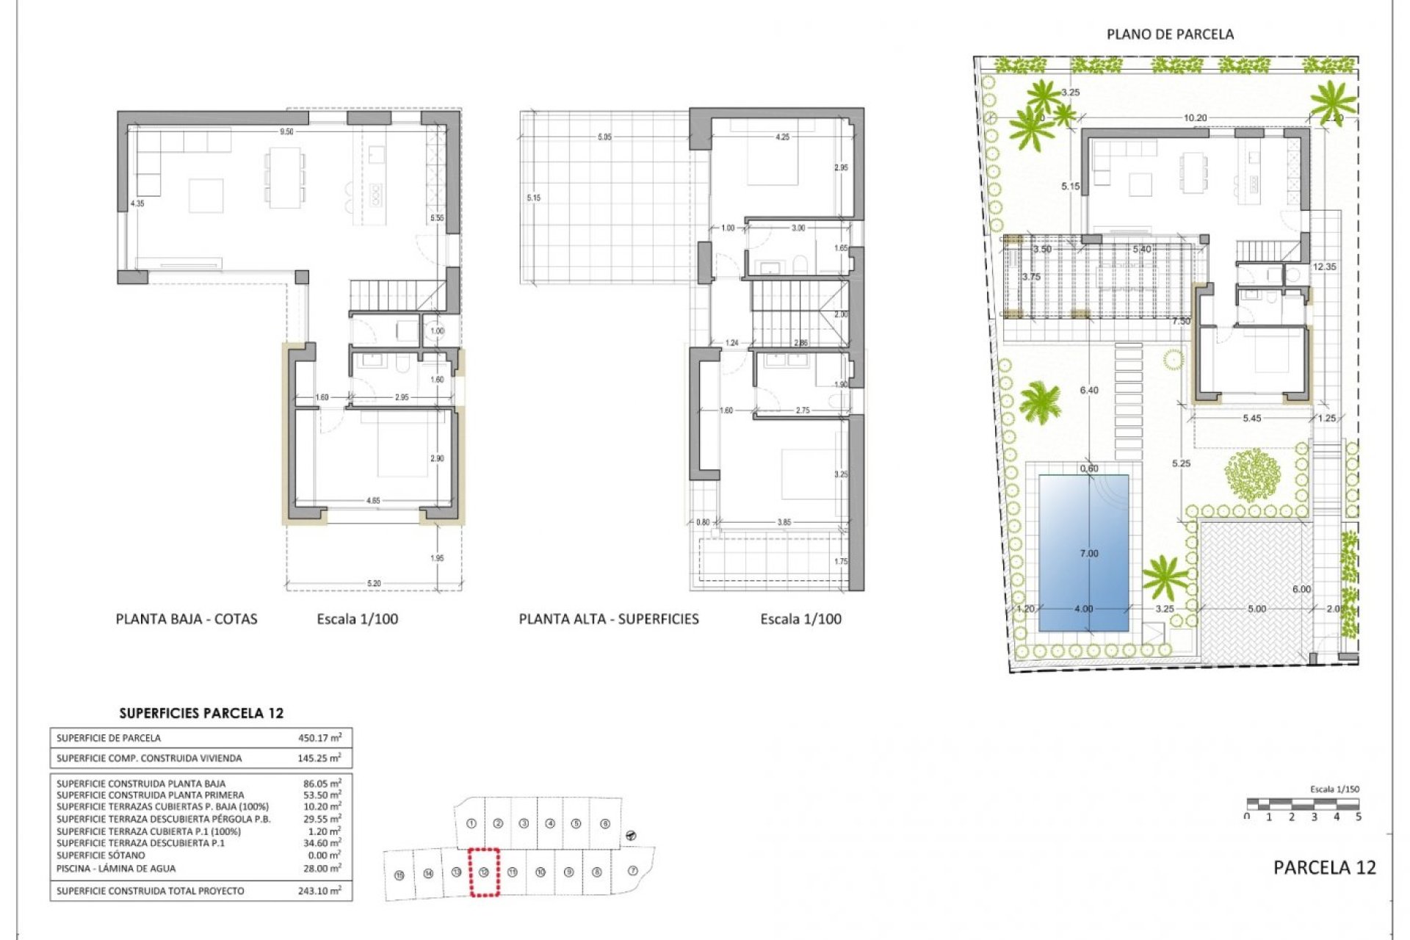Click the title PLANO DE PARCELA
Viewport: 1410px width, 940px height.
[x=1170, y=34]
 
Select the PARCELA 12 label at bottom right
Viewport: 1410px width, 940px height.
[x=1324, y=867]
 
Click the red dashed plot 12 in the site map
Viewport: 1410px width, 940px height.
[x=484, y=872]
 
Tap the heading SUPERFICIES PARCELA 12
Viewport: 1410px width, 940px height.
[x=201, y=713]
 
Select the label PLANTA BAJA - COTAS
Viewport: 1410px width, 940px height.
[x=187, y=619]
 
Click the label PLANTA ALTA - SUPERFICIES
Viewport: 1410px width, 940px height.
[x=609, y=619]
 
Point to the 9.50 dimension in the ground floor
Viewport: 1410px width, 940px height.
[x=286, y=132]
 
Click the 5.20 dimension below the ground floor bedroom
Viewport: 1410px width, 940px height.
[x=374, y=584]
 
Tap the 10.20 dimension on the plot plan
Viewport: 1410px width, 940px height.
[x=1195, y=117]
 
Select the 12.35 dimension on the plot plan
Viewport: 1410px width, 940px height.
[x=1325, y=267]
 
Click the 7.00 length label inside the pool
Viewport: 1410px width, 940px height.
[x=1089, y=554]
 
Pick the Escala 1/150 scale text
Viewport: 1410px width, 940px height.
[x=1334, y=789]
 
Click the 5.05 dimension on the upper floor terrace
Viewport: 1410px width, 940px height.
[x=604, y=137]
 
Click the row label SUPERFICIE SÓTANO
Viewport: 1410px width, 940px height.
[x=101, y=856]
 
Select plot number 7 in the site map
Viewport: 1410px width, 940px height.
[x=633, y=871]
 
